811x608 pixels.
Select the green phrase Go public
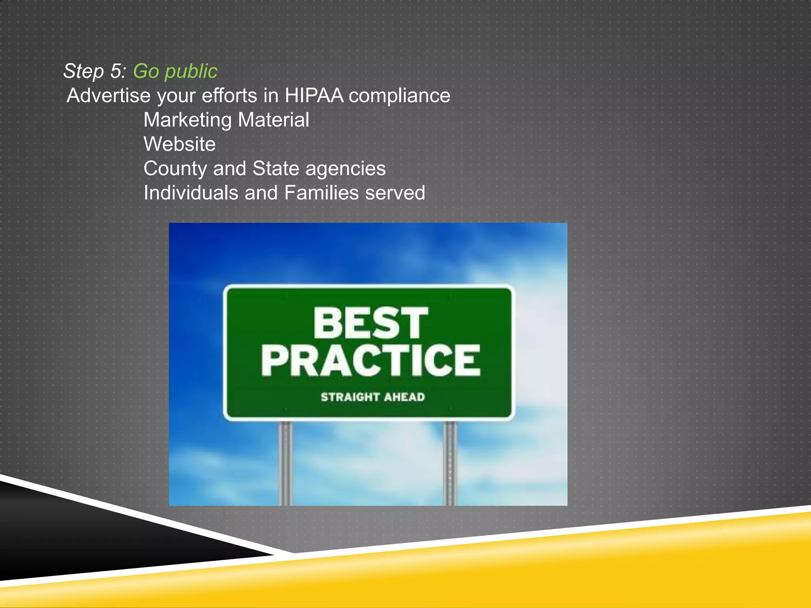coord(175,72)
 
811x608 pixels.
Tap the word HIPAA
coord(314,96)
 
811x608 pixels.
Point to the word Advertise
coord(109,96)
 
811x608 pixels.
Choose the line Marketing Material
coord(226,120)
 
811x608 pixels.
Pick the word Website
coord(179,144)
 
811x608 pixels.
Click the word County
coord(175,169)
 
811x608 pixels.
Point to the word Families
coord(321,193)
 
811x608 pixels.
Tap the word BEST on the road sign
coord(370,323)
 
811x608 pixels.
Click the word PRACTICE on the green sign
coord(370,360)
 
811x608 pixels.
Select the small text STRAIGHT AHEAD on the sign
coord(372,397)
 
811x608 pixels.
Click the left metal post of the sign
coord(286,463)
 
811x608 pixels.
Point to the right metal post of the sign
coord(450,463)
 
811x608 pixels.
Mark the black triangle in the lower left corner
coord(79,542)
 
